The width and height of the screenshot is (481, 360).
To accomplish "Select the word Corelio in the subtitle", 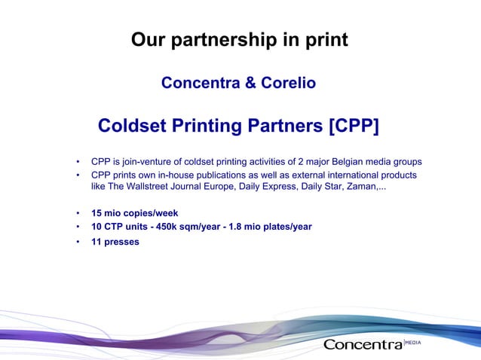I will (x=287, y=83).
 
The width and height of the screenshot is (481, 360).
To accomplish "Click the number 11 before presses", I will (x=97, y=243).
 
